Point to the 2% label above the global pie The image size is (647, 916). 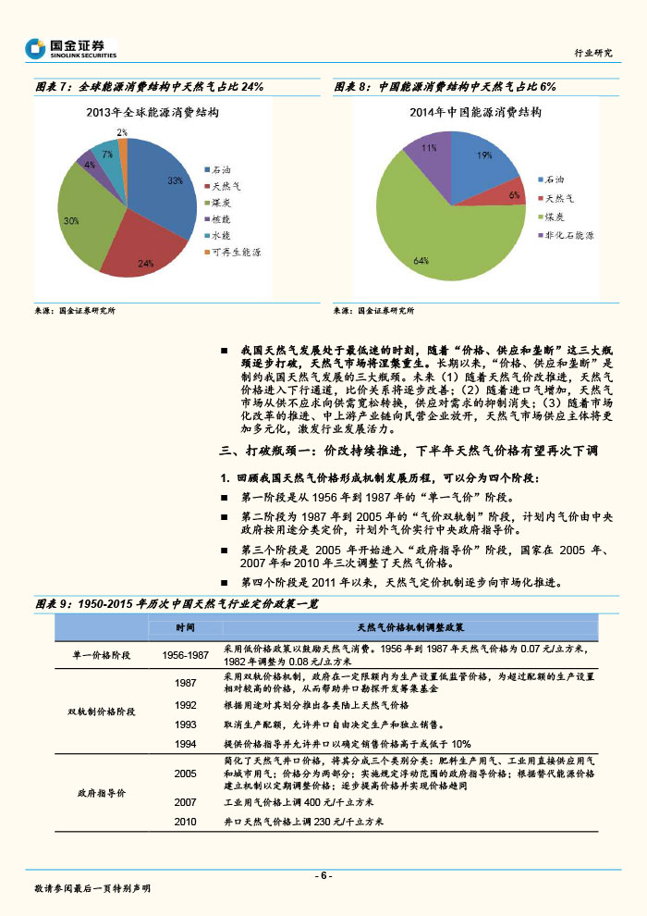(x=122, y=132)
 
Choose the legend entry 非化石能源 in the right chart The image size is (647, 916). (x=568, y=235)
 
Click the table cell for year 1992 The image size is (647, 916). (x=185, y=705)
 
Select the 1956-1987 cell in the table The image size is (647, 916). (x=185, y=654)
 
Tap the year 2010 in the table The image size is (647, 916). (x=185, y=821)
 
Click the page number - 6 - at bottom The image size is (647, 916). (x=323, y=875)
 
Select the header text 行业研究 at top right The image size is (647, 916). (x=592, y=53)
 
